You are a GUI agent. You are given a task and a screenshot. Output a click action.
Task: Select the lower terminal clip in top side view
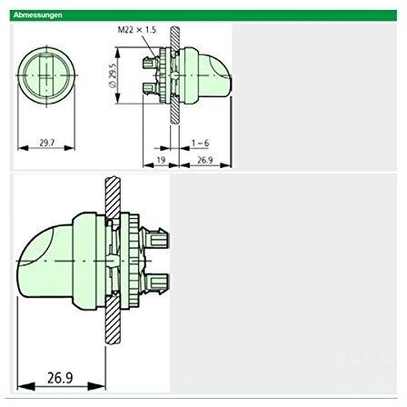coord(149,85)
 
